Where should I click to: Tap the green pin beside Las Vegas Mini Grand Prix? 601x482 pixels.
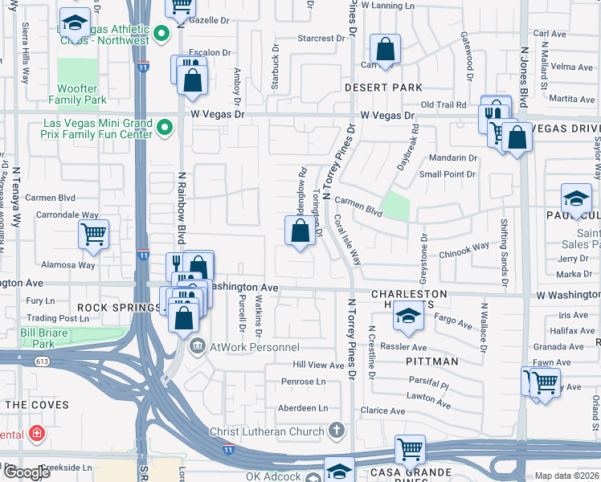tap(164, 127)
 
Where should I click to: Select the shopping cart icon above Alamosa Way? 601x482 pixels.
tap(93, 235)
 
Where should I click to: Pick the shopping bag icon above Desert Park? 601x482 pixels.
tap(386, 49)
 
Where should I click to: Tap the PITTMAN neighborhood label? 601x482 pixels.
tap(431, 361)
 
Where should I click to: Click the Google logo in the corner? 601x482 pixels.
tap(27, 472)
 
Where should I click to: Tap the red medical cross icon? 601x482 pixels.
tap(36, 434)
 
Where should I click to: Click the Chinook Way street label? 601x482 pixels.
tap(464, 250)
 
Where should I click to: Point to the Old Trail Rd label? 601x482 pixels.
tap(444, 105)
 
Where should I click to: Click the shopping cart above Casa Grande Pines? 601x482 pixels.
tap(410, 447)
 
